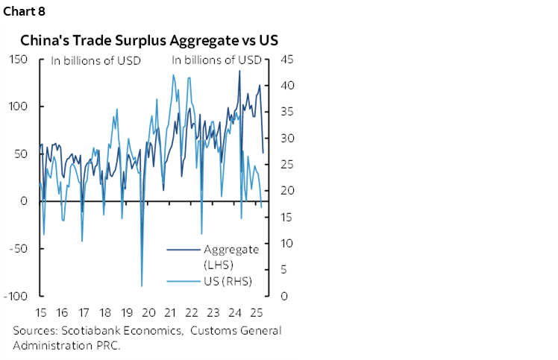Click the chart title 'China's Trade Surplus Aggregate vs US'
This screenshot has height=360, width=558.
coord(149,40)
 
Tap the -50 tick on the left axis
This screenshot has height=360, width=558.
coord(21,249)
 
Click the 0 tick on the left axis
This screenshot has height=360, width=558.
coord(25,201)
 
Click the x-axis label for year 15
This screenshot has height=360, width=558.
coord(40,312)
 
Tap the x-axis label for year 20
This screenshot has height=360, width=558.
coord(148,312)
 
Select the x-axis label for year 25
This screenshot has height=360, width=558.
coord(257,312)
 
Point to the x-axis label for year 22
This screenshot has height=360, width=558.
coord(192,312)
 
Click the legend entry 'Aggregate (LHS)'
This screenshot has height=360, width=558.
coord(231,256)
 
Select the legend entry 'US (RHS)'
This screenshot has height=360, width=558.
coord(228,281)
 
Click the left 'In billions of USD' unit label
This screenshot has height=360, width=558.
coord(95,60)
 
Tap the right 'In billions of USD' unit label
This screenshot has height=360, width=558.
coord(217,60)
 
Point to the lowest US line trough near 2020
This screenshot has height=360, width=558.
coord(142,285)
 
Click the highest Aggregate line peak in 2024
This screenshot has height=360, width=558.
coord(239,71)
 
